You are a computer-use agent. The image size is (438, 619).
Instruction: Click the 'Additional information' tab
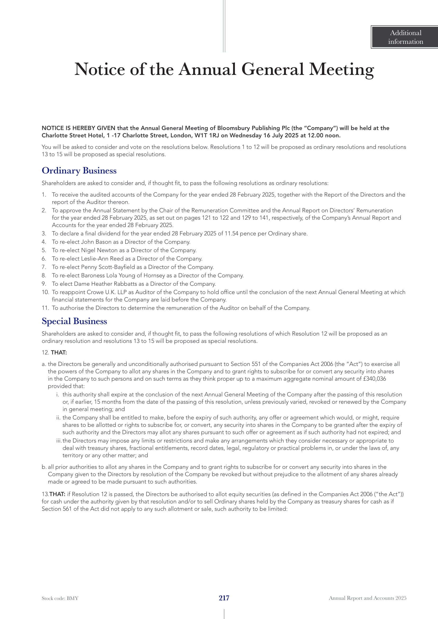[405, 37]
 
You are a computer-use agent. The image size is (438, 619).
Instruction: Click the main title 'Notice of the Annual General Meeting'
[224, 69]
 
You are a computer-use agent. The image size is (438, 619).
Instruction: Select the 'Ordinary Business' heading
[79, 171]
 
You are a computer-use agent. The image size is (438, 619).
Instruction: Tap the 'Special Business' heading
[74, 321]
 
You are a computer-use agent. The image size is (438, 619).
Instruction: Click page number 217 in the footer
[224, 598]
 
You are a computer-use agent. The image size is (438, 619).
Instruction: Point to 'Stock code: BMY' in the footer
[60, 598]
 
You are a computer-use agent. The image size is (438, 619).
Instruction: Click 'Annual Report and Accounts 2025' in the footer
[367, 598]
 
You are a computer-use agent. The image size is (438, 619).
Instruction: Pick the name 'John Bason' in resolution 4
[96, 242]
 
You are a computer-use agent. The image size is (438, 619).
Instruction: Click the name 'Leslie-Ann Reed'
[102, 259]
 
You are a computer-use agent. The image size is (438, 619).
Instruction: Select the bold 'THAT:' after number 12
[59, 352]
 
